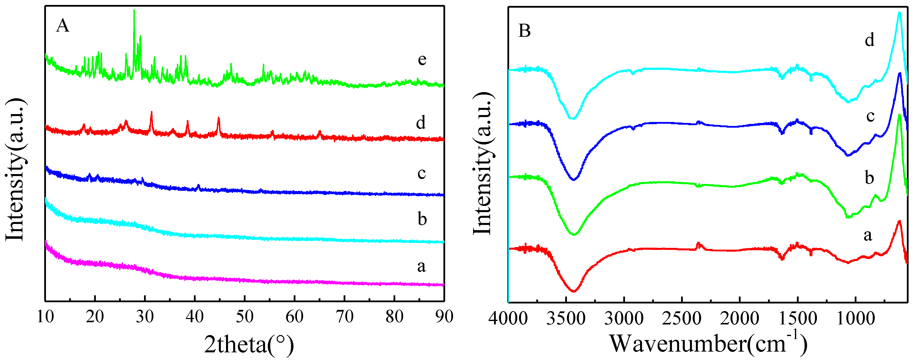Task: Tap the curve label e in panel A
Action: click(422, 59)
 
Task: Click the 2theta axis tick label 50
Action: click(245, 316)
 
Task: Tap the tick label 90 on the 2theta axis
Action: click(444, 316)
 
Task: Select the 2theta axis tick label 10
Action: click(45, 316)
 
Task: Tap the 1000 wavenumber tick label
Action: click(855, 319)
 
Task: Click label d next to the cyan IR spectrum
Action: click(869, 40)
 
